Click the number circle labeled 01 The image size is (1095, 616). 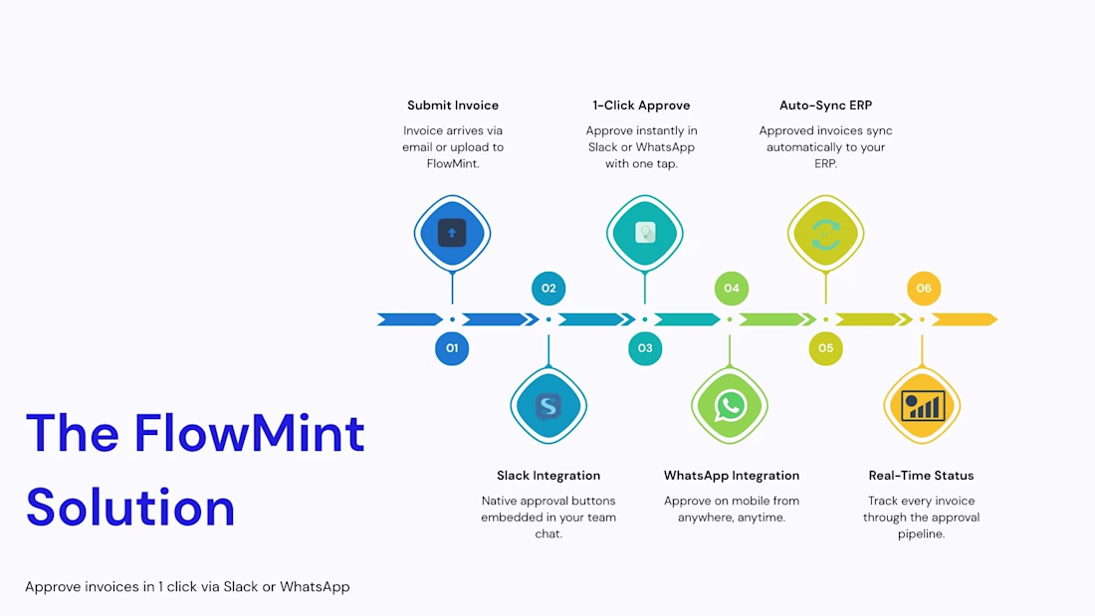(x=452, y=348)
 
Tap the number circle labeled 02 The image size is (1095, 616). (x=548, y=289)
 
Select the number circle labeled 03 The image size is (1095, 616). (x=645, y=348)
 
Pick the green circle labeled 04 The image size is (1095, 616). (x=732, y=289)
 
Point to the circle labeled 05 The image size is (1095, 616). (x=825, y=348)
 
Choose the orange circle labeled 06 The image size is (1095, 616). (x=923, y=289)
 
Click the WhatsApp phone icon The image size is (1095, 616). (x=730, y=406)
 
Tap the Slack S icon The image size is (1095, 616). (x=548, y=406)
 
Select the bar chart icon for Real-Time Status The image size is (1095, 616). (x=922, y=406)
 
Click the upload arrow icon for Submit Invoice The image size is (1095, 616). (x=452, y=233)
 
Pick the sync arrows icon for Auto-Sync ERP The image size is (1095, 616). (x=825, y=233)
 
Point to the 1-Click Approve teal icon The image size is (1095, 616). (x=645, y=233)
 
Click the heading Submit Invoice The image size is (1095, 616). (x=453, y=105)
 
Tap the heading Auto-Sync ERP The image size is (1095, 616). (x=825, y=105)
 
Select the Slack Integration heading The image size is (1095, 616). (x=548, y=476)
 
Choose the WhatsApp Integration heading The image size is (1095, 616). (x=732, y=476)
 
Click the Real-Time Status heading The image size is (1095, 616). (x=921, y=476)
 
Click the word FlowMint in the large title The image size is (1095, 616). (x=249, y=433)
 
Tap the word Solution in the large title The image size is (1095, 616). (x=130, y=508)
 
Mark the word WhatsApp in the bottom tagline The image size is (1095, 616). (x=315, y=587)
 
